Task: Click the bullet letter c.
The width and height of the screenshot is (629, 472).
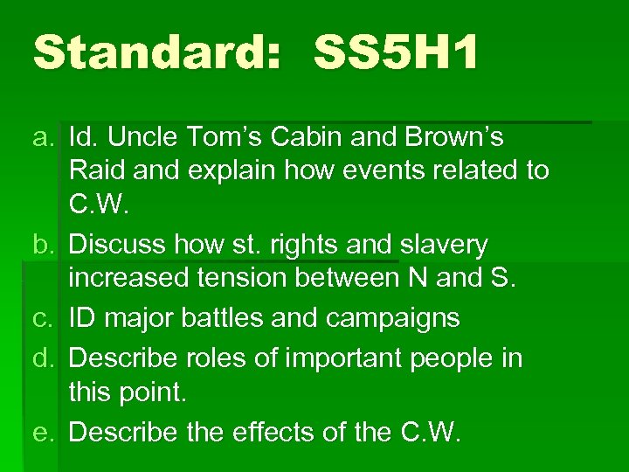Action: pos(44,318)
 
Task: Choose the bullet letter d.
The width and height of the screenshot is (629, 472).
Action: pos(44,358)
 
